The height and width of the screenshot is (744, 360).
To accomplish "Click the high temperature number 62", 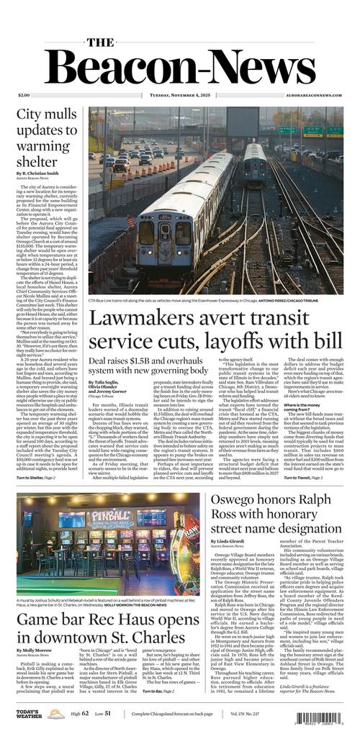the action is tap(84, 714).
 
